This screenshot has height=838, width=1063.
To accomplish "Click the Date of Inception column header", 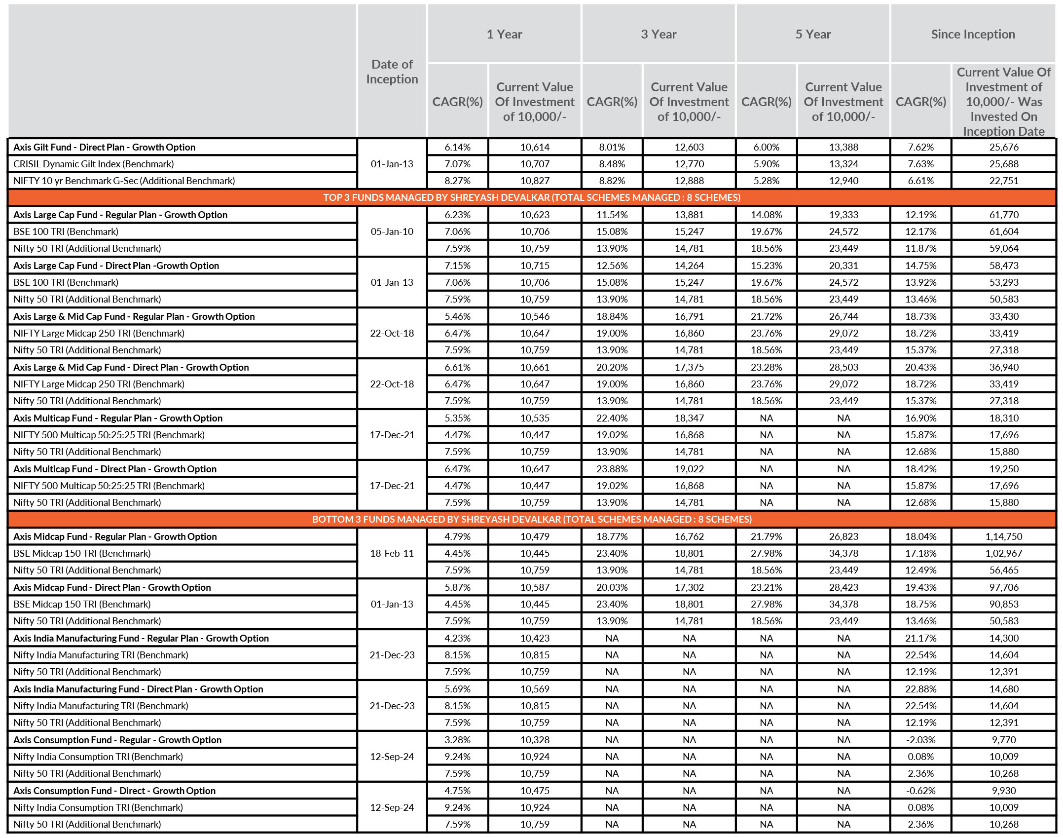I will point(392,72).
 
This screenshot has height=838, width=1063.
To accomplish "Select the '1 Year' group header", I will point(504,34).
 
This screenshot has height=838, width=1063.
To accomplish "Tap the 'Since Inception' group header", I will point(972,34).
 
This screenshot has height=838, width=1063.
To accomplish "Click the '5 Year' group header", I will point(812,34).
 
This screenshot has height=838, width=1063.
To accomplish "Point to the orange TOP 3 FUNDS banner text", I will point(531,197).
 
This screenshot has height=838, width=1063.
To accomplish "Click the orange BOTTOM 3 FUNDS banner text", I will point(531,519).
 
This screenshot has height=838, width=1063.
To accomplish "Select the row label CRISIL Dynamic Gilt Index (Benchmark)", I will point(94,164).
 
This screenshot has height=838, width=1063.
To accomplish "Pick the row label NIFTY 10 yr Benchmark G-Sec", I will point(124,181).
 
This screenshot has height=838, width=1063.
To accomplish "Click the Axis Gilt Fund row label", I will point(104,147).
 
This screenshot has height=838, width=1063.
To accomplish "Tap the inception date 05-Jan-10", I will point(392,231).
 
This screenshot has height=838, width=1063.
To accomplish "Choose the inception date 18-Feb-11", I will point(392,553).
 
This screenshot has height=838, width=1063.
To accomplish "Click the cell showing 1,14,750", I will point(1003,536).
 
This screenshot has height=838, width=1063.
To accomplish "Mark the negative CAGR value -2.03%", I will point(920,740).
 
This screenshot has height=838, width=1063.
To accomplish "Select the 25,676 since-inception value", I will point(1003,147).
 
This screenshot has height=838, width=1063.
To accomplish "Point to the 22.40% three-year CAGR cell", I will point(612,418).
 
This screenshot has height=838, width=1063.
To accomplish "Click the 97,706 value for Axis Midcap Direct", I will point(1003,587).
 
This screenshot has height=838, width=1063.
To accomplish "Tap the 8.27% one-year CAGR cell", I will point(457,181).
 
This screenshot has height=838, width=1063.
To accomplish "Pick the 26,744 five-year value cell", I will point(843,316).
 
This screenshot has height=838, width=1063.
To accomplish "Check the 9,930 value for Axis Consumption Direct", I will point(1003,791).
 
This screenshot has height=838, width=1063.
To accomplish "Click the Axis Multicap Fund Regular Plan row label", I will point(118,418).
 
